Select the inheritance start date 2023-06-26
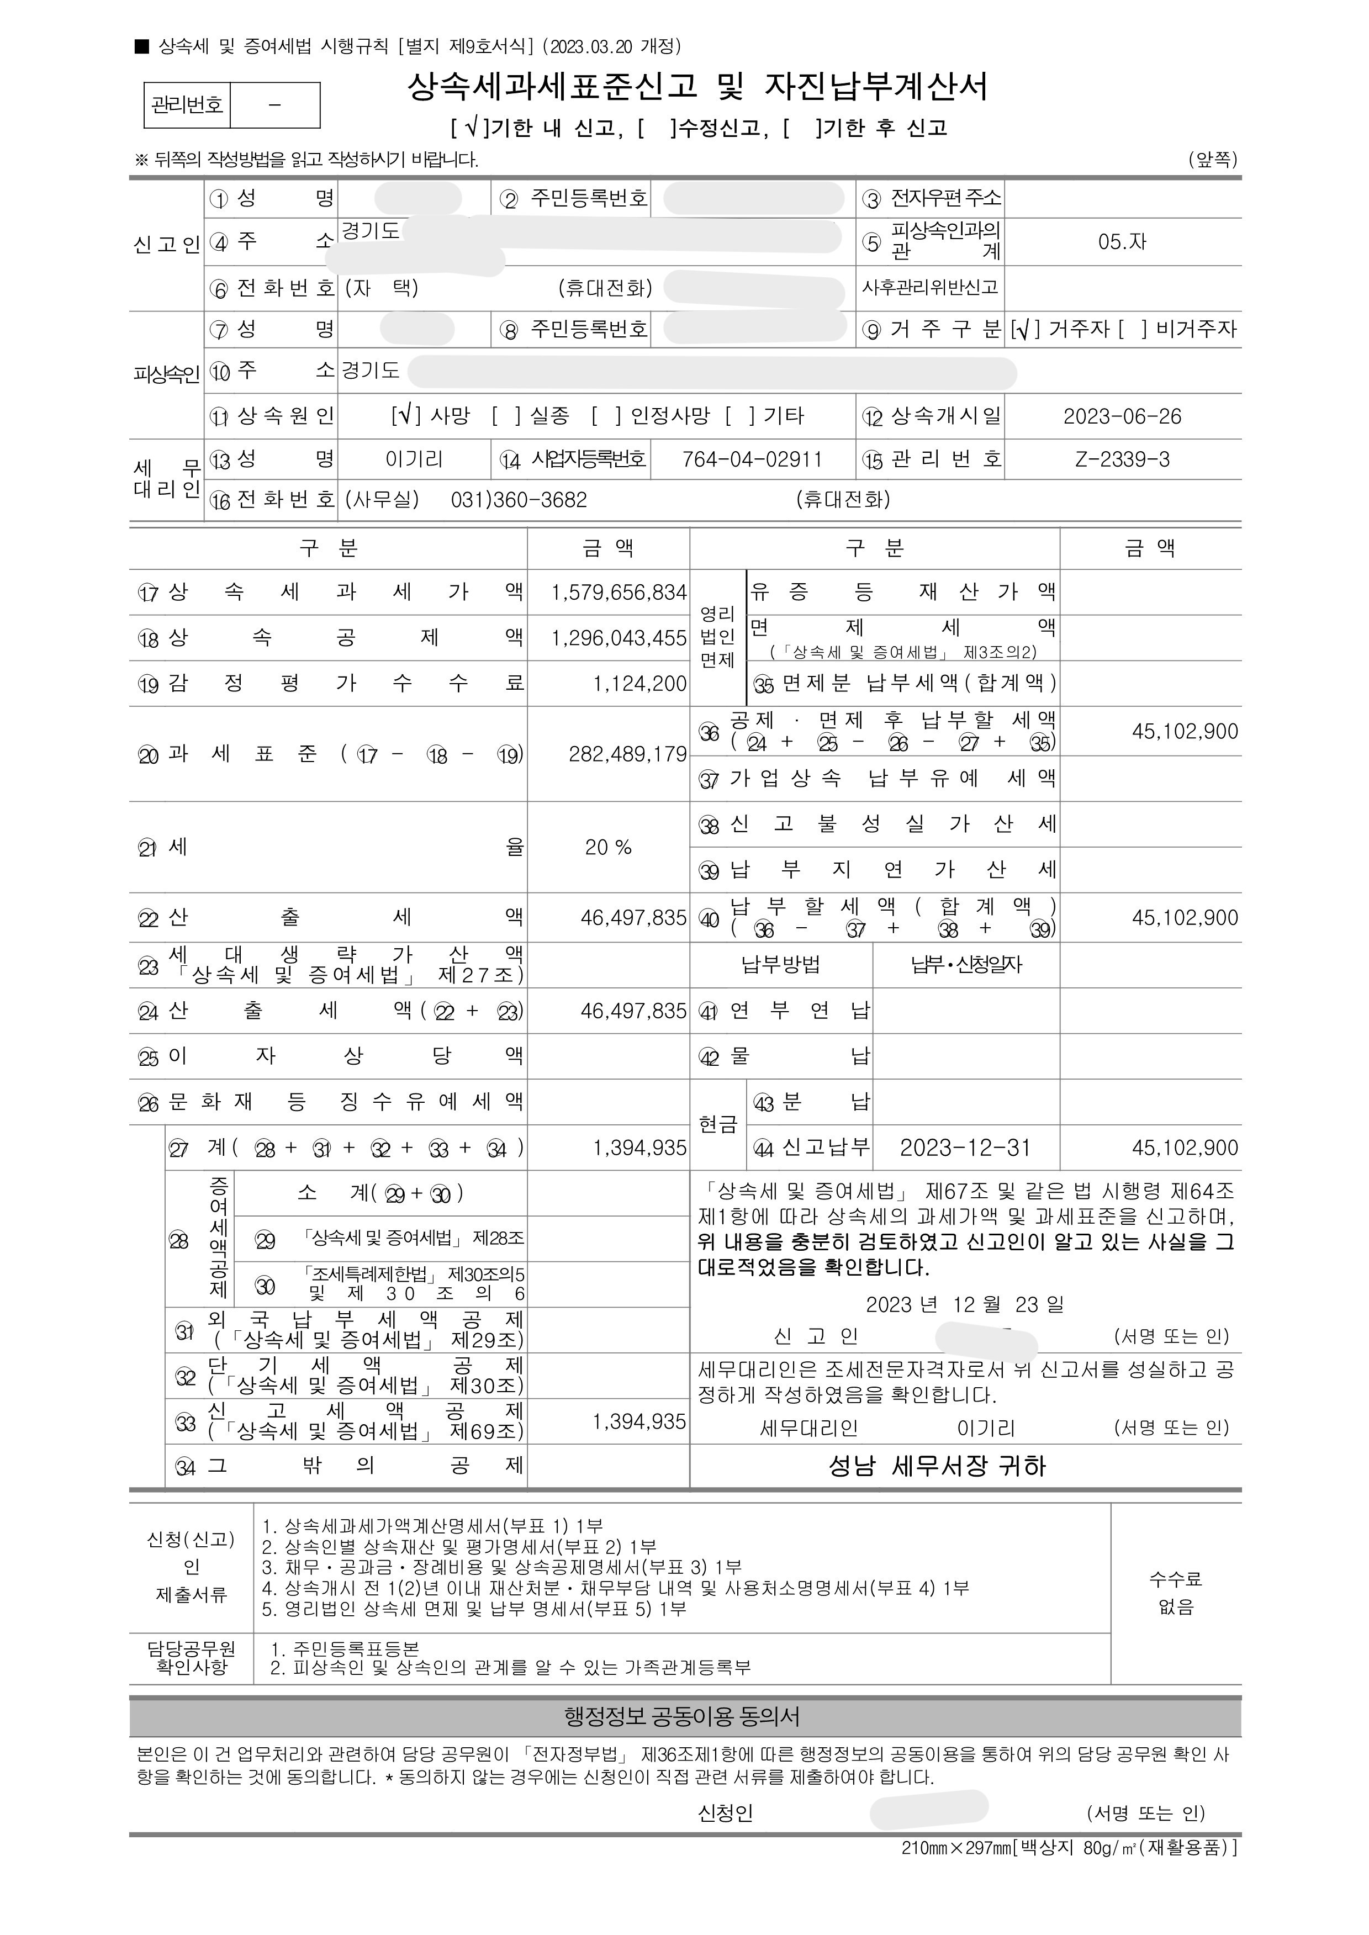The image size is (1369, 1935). (1122, 416)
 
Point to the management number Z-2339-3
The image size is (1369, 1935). (1122, 459)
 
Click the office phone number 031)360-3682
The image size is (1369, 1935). (519, 500)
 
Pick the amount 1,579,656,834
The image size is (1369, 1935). (619, 593)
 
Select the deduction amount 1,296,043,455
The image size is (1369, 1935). (619, 638)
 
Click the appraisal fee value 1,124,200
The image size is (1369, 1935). (640, 684)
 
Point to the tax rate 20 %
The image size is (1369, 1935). (608, 847)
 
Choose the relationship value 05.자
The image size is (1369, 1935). (1122, 242)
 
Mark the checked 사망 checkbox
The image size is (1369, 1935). (405, 415)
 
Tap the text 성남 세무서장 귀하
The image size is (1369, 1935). (937, 1466)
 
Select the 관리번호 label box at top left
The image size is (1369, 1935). (187, 105)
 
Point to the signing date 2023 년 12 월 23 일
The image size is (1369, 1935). (964, 1304)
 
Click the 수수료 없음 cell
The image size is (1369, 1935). (1175, 1592)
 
